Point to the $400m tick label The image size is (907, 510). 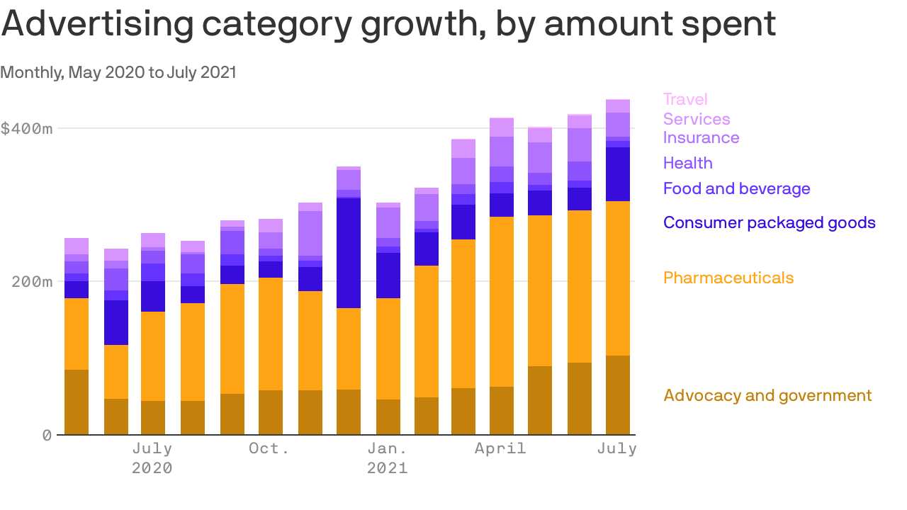click(x=26, y=129)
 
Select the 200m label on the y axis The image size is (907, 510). click(x=33, y=282)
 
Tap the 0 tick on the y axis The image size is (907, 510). click(x=47, y=435)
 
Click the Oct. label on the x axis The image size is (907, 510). click(x=269, y=448)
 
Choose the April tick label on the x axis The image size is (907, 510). click(x=500, y=448)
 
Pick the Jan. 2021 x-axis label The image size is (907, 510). click(x=387, y=458)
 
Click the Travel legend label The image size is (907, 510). click(x=685, y=99)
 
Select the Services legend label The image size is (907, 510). click(x=697, y=119)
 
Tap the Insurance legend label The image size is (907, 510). click(x=701, y=137)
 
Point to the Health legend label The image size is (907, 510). click(x=687, y=163)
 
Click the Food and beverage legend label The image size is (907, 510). click(x=736, y=188)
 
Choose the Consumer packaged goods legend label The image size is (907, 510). click(x=769, y=222)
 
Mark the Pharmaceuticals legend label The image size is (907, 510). click(x=728, y=278)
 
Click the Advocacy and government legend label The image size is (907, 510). click(x=767, y=395)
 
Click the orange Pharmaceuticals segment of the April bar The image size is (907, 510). click(x=502, y=301)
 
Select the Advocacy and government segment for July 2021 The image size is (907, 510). click(x=618, y=395)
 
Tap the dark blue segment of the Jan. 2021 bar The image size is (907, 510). click(x=388, y=276)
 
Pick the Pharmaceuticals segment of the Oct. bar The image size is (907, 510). click(x=271, y=334)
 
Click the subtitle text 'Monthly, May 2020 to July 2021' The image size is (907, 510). click(x=118, y=72)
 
